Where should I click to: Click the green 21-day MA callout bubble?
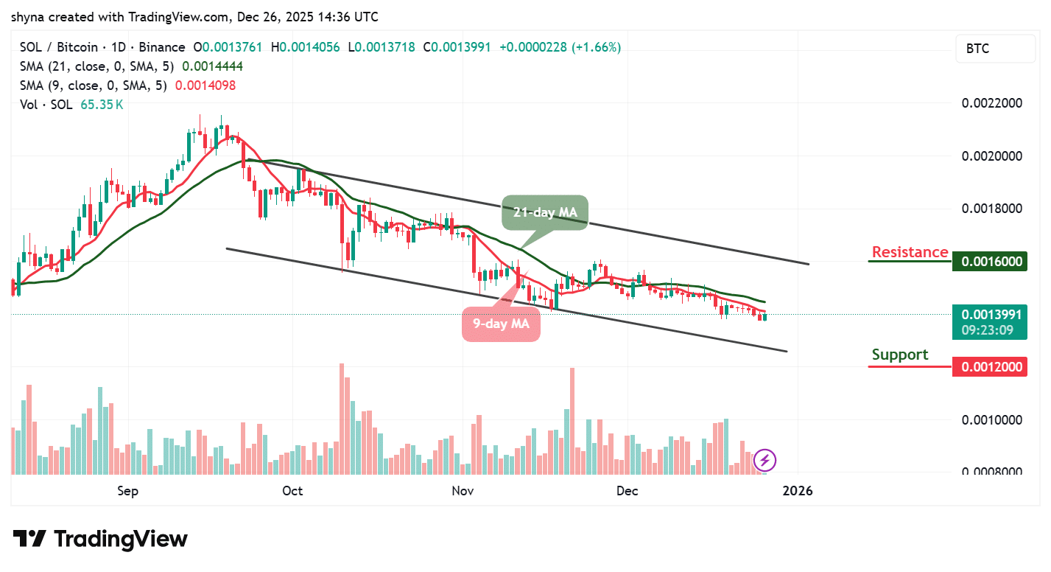point(545,212)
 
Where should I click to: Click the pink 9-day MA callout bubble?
point(501,324)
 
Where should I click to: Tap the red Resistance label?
point(910,252)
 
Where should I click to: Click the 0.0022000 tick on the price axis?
point(992,103)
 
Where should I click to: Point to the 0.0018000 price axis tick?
point(992,209)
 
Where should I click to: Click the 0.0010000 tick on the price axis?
point(992,419)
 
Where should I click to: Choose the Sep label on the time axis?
point(128,491)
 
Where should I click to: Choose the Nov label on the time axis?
point(462,491)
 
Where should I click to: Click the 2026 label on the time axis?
point(797,491)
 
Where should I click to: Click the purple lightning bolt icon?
point(765,461)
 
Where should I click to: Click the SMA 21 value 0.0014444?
point(212,66)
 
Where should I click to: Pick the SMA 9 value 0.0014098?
point(205,86)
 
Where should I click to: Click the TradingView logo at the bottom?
point(101,539)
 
